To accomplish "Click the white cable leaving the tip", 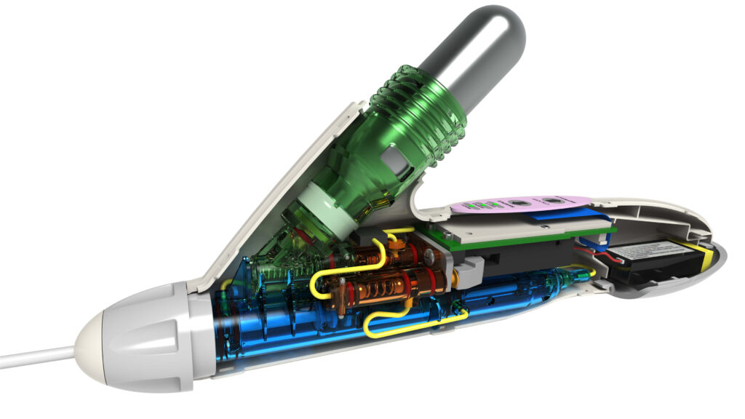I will click(x=36, y=357).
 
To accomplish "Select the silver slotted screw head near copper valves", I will click(x=430, y=256).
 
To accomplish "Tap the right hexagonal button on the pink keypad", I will click(x=554, y=201).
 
